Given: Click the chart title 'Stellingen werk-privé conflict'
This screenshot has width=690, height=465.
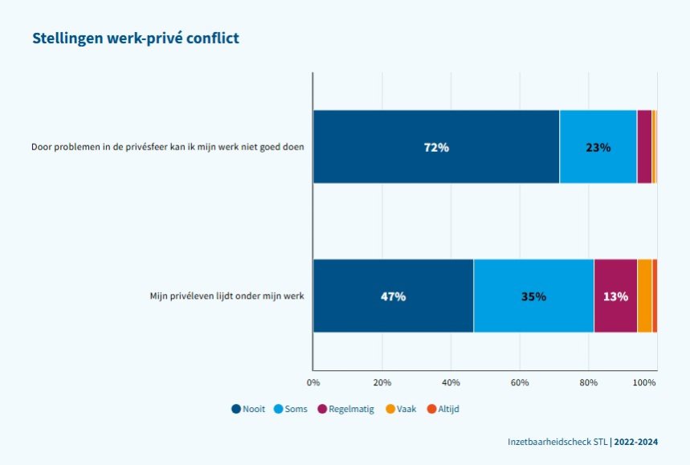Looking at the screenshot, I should (135, 39).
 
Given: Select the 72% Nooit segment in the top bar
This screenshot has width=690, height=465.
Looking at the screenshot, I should (436, 147).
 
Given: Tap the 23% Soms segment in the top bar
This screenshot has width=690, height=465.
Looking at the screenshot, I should (598, 147).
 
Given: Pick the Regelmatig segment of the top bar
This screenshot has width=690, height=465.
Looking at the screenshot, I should (644, 147).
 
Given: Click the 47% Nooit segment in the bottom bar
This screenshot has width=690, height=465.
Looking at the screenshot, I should (393, 296).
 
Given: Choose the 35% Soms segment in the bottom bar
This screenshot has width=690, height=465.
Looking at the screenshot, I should (533, 296).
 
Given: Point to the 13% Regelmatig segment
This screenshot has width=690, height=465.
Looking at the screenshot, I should (615, 296).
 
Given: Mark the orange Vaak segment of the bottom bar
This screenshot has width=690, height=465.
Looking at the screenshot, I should (644, 296).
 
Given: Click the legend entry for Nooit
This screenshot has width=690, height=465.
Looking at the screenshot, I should (249, 409).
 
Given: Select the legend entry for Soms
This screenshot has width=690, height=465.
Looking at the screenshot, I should (291, 409).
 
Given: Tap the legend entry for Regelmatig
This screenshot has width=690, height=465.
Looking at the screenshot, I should (346, 409).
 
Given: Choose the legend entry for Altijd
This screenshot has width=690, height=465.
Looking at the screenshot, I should (443, 409).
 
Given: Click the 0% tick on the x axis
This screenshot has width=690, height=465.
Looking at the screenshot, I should (313, 382).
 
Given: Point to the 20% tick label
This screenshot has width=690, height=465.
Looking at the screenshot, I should (382, 382).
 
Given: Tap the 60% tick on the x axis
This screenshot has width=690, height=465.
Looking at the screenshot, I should (520, 382).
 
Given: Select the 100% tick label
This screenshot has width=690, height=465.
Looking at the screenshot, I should (645, 382).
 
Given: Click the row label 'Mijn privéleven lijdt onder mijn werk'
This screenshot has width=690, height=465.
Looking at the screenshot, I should (227, 296).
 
